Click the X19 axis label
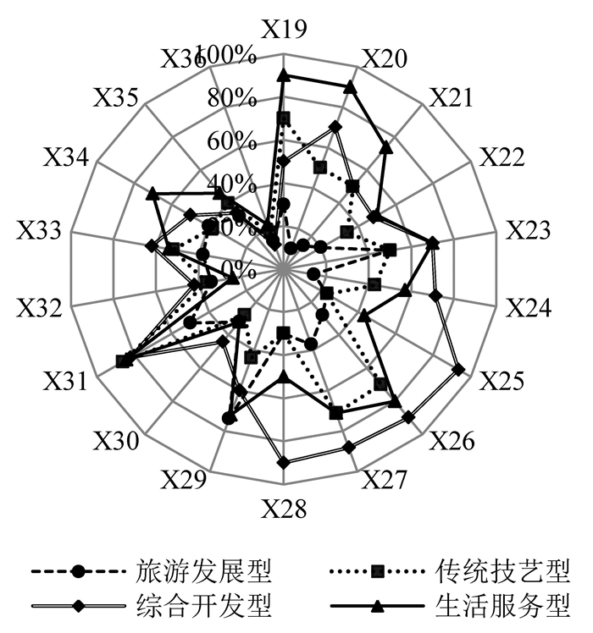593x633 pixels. [x=283, y=30]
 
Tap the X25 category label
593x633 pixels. [x=503, y=380]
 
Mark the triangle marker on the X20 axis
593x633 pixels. [x=349, y=86]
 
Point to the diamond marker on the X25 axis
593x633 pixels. [x=459, y=369]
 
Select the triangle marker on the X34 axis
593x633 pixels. [x=152, y=195]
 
